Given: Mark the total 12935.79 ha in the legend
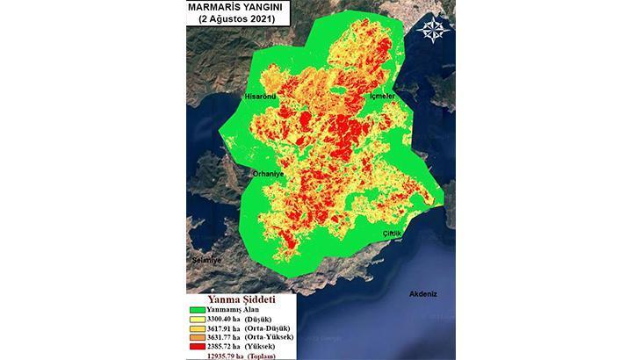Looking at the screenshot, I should click(x=222, y=356).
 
